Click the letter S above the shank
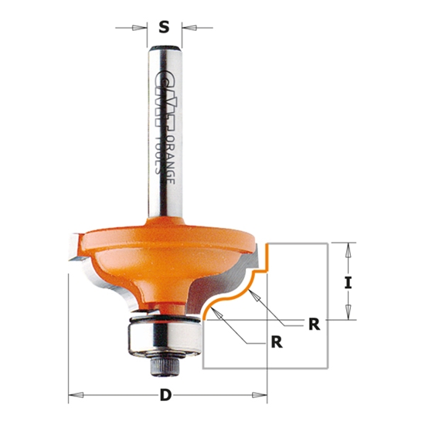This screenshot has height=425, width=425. pyautogui.click(x=164, y=28)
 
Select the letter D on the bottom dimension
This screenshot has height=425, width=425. pyautogui.click(x=165, y=396)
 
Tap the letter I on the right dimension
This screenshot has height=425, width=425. pyautogui.click(x=348, y=283)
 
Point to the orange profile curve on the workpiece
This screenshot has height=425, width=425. pyautogui.click(x=232, y=294)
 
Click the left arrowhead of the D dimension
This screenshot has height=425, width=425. pyautogui.click(x=73, y=396)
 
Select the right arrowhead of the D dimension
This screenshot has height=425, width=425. pyautogui.click(x=262, y=396)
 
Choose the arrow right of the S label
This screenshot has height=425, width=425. pyautogui.click(x=187, y=29)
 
